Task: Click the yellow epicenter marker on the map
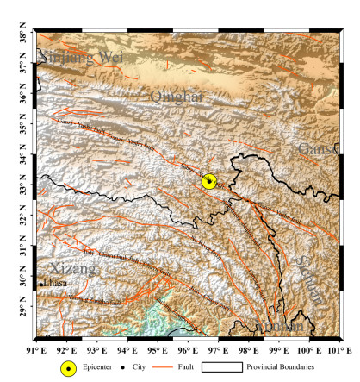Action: pyautogui.click(x=209, y=181)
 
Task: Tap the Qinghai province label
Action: pyautogui.click(x=175, y=97)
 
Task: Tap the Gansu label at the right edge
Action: pyautogui.click(x=316, y=150)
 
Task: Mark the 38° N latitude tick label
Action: pyautogui.click(x=16, y=35)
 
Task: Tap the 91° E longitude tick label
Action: pyautogui.click(x=35, y=350)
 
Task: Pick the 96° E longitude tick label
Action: pyautogui.click(x=188, y=350)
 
